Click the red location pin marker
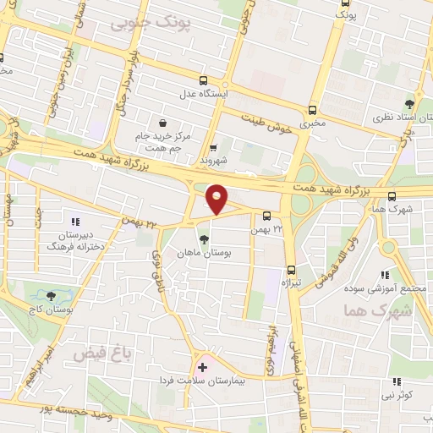click(218, 198)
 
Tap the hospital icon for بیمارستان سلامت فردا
click(202, 367)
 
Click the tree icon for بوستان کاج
click(51, 296)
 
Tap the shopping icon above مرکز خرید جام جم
click(163, 122)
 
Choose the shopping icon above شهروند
click(214, 147)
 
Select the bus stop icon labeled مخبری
click(313, 110)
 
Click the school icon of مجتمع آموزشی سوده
click(386, 274)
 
